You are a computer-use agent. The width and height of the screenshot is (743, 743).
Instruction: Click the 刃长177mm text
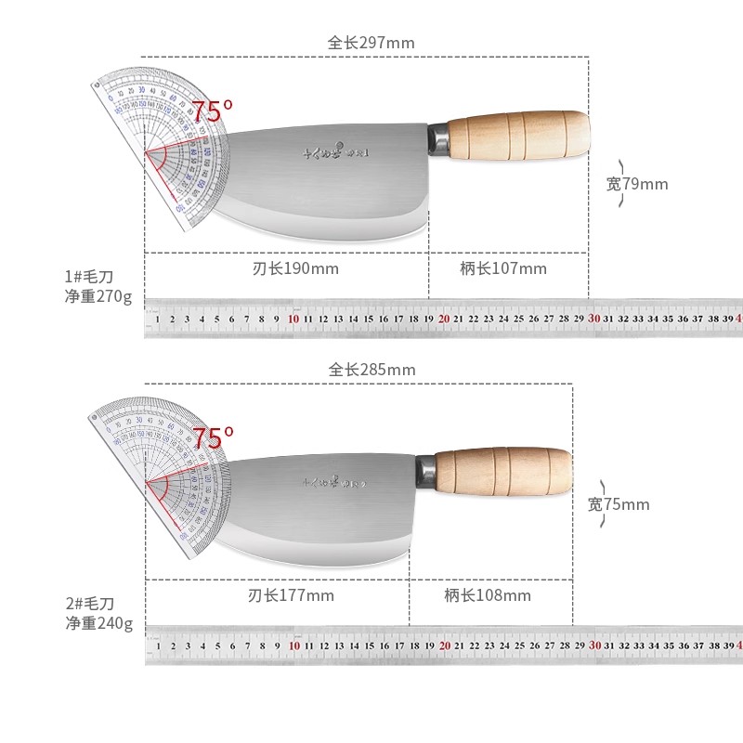(278, 595)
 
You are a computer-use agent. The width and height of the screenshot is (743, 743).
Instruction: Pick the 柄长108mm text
(488, 595)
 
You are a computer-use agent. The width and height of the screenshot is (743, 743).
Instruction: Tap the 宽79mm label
(637, 184)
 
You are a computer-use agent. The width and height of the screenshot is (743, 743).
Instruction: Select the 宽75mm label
(619, 505)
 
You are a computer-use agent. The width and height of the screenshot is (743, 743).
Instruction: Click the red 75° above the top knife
(213, 112)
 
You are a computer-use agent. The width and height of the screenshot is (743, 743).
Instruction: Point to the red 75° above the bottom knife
(213, 437)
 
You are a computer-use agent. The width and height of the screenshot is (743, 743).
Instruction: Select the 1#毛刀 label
(89, 277)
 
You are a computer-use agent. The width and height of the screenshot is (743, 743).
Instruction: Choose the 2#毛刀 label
(89, 603)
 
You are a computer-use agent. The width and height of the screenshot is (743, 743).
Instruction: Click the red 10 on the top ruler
(293, 319)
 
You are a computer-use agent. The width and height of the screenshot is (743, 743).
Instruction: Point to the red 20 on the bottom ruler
(444, 645)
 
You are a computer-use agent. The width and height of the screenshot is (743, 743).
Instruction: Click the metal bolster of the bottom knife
(425, 473)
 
